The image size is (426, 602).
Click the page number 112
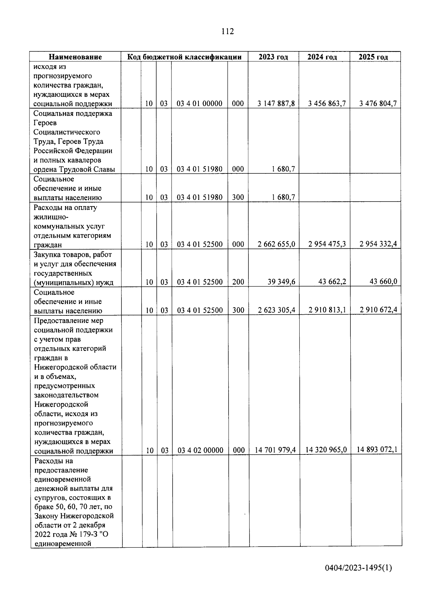click(228, 32)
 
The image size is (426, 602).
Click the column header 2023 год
click(273, 57)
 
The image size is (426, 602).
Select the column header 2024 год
click(322, 57)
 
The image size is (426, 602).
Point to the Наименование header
click(75, 57)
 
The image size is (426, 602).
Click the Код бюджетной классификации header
click(184, 57)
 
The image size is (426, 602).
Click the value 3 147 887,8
click(276, 104)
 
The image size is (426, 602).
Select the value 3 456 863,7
click(327, 104)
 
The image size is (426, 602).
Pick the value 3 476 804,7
click(378, 104)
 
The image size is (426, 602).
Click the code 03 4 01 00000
click(200, 104)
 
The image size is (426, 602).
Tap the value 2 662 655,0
click(276, 244)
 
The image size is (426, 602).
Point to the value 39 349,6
click(281, 282)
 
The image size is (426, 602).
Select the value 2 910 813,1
click(327, 310)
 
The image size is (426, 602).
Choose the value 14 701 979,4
click(275, 450)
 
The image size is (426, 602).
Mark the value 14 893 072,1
click(377, 449)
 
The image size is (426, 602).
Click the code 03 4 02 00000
click(200, 450)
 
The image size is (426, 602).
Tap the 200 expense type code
click(238, 282)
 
